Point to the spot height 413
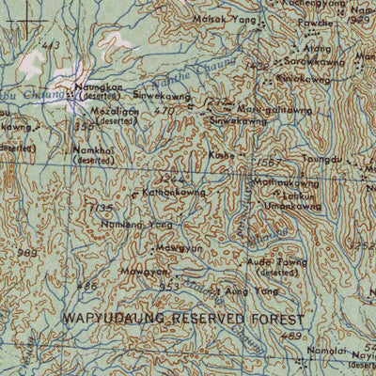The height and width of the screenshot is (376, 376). click(x=51, y=45)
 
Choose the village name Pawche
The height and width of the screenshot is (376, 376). click(x=314, y=23)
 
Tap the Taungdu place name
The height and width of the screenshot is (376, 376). click(x=322, y=160)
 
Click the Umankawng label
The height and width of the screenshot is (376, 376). click(x=293, y=206)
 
